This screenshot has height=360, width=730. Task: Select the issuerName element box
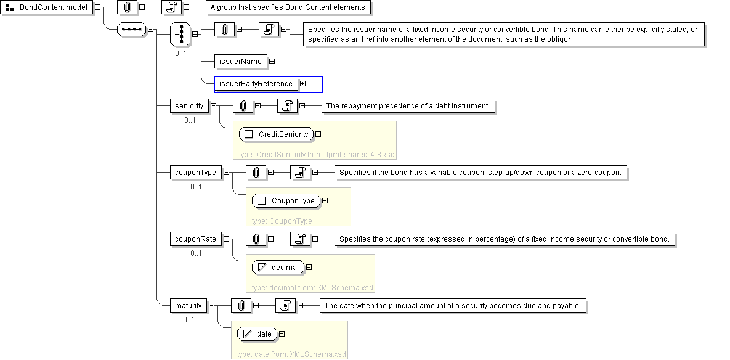point(240,62)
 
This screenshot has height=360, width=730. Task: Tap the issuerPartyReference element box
point(256,84)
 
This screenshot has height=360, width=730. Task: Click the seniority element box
point(189,106)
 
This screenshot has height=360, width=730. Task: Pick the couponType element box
point(195,173)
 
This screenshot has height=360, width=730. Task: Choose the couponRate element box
point(195,239)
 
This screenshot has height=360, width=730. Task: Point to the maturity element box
point(189,306)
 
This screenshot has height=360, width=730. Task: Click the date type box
point(258,334)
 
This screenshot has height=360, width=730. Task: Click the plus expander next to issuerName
point(272,62)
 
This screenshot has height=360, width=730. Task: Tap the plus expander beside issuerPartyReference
point(302,84)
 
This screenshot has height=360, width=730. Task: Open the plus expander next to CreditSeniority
point(318,134)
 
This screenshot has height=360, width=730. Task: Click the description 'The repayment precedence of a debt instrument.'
point(408,106)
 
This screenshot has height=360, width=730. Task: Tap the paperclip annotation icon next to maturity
point(241,306)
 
